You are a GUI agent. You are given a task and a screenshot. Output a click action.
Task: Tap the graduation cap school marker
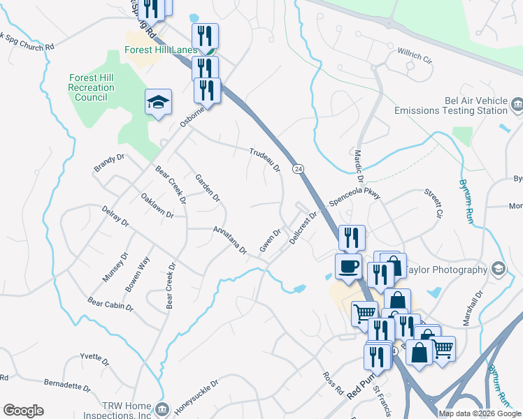(158, 103)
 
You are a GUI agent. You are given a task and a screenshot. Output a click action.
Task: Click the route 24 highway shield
(299, 169)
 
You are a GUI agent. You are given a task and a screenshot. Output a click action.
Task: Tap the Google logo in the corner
(23, 411)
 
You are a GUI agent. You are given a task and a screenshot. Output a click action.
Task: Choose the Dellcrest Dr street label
(303, 228)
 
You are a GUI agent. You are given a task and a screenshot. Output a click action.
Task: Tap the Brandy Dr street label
(108, 163)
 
